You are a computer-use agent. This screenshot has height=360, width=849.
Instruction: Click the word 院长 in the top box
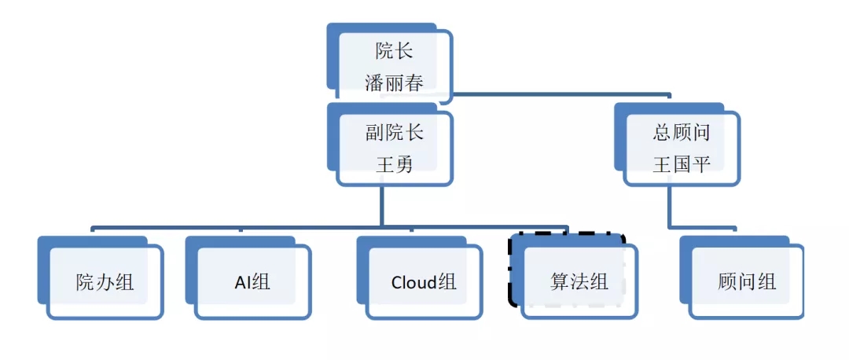(394, 53)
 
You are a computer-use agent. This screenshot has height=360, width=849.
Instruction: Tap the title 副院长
(394, 132)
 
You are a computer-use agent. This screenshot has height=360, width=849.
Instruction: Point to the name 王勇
(394, 164)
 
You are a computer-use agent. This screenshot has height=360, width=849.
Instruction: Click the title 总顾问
(682, 132)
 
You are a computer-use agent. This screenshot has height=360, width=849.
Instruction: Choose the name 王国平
(682, 164)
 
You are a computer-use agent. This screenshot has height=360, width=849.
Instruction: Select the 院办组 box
(105, 281)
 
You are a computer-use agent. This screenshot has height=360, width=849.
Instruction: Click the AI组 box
(252, 281)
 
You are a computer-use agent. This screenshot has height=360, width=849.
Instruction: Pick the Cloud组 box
(423, 281)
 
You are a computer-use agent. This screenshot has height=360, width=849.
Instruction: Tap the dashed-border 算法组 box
(579, 281)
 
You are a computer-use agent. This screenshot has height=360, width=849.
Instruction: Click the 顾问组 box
(746, 281)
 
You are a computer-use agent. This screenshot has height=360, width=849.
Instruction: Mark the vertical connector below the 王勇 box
(382, 206)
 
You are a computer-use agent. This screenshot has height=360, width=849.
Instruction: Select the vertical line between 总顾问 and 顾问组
(670, 207)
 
